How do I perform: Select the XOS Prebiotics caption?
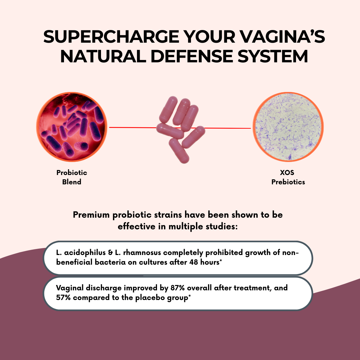click(x=288, y=177)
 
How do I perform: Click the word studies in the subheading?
click(x=220, y=227)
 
